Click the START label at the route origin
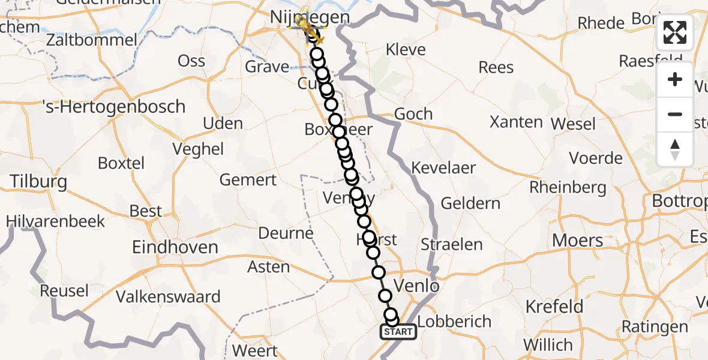pyautogui.click(x=398, y=332)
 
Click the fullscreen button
pyautogui.click(x=675, y=32)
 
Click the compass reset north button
pyautogui.click(x=675, y=149)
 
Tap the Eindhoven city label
pyautogui.click(x=175, y=247)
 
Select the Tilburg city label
pyautogui.click(x=38, y=182)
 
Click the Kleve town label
pyautogui.click(x=406, y=50)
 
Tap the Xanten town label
pyautogui.click(x=516, y=122)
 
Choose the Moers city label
pyautogui.click(x=578, y=241)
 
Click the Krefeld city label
pyautogui.click(x=554, y=307)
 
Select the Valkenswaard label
pyautogui.click(x=168, y=296)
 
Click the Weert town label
pyautogui.click(x=254, y=350)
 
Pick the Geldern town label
pyautogui.click(x=470, y=203)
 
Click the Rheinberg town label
pyautogui.click(x=568, y=187)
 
